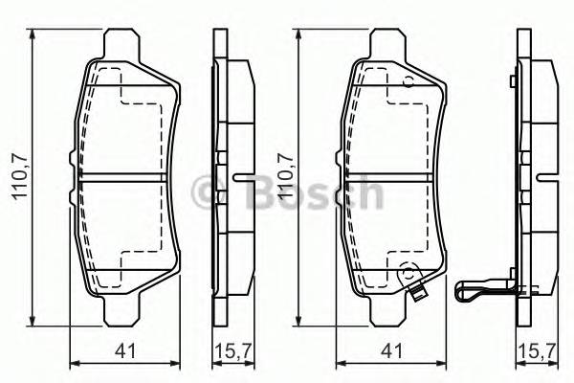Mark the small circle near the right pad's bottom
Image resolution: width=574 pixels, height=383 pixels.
click(407, 271)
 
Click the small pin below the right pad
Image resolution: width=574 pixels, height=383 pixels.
click(417, 295)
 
